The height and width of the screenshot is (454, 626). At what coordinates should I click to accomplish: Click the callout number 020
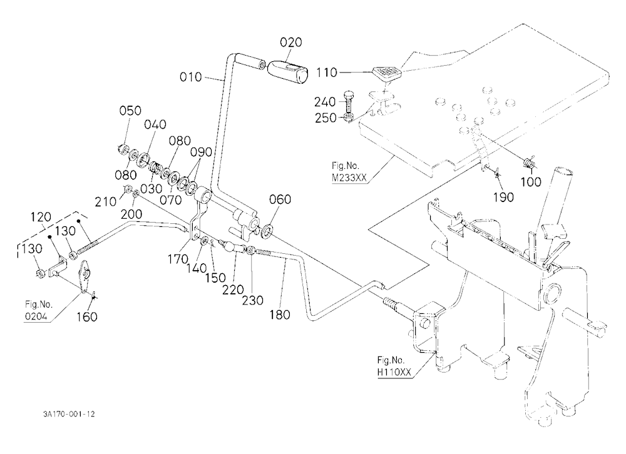tap(290, 43)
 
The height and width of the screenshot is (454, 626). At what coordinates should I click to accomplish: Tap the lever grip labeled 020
tap(287, 72)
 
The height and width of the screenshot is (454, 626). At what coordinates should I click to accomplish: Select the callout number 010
tap(190, 77)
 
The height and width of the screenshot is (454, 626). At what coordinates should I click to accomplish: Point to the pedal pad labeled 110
tap(386, 72)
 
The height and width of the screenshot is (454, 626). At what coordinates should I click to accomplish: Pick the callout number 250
tap(326, 118)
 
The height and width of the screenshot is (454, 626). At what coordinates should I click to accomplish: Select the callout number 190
tap(503, 197)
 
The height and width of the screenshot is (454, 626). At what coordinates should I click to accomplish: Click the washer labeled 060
tap(267, 231)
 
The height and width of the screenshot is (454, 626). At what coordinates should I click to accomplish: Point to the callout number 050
tap(130, 111)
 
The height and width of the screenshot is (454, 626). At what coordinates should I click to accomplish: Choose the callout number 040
tap(155, 124)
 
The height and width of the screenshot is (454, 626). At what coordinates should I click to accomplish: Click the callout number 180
tap(279, 315)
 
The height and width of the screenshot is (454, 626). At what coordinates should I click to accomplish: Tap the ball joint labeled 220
tap(230, 246)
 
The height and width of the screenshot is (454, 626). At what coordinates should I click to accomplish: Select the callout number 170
tap(178, 260)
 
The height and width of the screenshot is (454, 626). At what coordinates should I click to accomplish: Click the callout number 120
tap(41, 218)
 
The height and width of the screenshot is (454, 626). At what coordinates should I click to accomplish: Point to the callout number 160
tap(86, 317)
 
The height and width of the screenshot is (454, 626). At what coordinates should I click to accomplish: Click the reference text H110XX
tap(394, 372)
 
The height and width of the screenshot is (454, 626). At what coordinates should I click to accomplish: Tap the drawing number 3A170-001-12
tap(69, 414)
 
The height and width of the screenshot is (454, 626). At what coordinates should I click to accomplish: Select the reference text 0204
tap(36, 317)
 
